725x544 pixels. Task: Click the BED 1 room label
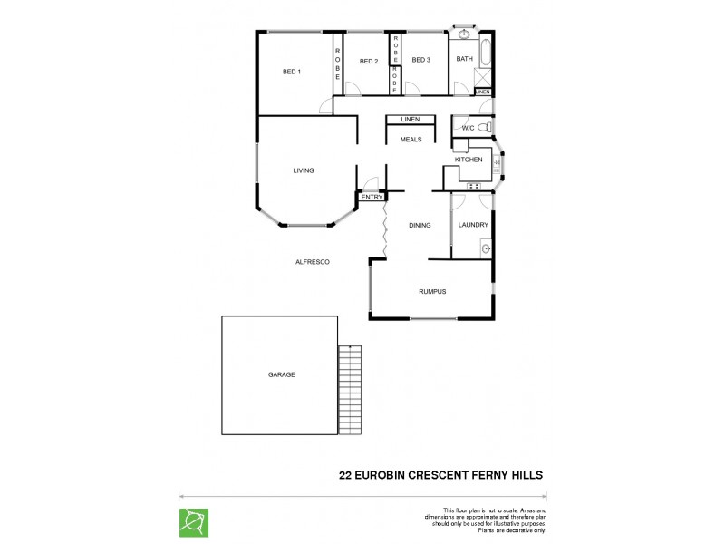coord(291,72)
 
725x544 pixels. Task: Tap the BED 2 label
coord(368,62)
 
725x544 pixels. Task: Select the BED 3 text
coord(420,61)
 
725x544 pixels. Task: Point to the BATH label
coord(464,60)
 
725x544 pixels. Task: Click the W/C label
coord(468,128)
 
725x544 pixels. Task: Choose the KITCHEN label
coord(469,160)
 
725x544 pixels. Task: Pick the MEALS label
coord(411,140)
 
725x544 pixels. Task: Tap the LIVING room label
coord(303,170)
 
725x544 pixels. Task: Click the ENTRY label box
coord(372,197)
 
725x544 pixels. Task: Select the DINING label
coord(419,225)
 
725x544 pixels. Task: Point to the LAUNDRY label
coord(473,225)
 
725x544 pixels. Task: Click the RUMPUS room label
coord(432,291)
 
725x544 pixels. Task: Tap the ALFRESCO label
coord(313,262)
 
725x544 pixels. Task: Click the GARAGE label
coord(281,374)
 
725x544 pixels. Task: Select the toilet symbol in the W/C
coord(486,127)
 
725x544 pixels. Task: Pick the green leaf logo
coord(194,522)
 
